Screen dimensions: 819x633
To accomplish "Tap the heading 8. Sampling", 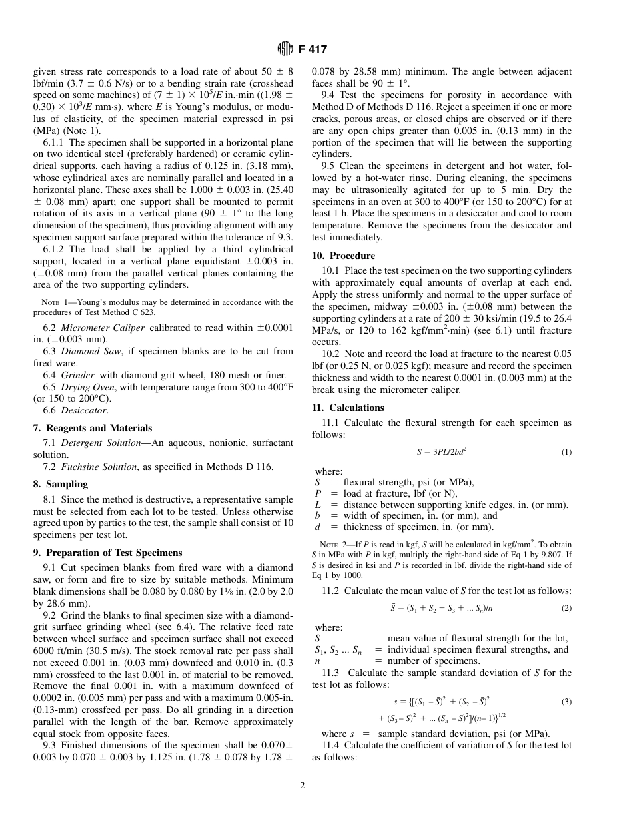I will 60,484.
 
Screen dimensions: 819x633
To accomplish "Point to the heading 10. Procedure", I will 343,256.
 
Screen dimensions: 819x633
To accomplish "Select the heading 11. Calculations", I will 348,408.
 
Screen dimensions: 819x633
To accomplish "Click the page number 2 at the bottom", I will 302,786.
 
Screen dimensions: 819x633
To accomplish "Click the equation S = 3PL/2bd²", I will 442,452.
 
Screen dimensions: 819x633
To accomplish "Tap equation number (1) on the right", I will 566,452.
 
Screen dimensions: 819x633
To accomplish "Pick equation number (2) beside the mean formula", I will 566,607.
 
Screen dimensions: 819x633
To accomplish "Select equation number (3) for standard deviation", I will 566,701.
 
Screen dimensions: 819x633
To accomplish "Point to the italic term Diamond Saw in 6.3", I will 91,351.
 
